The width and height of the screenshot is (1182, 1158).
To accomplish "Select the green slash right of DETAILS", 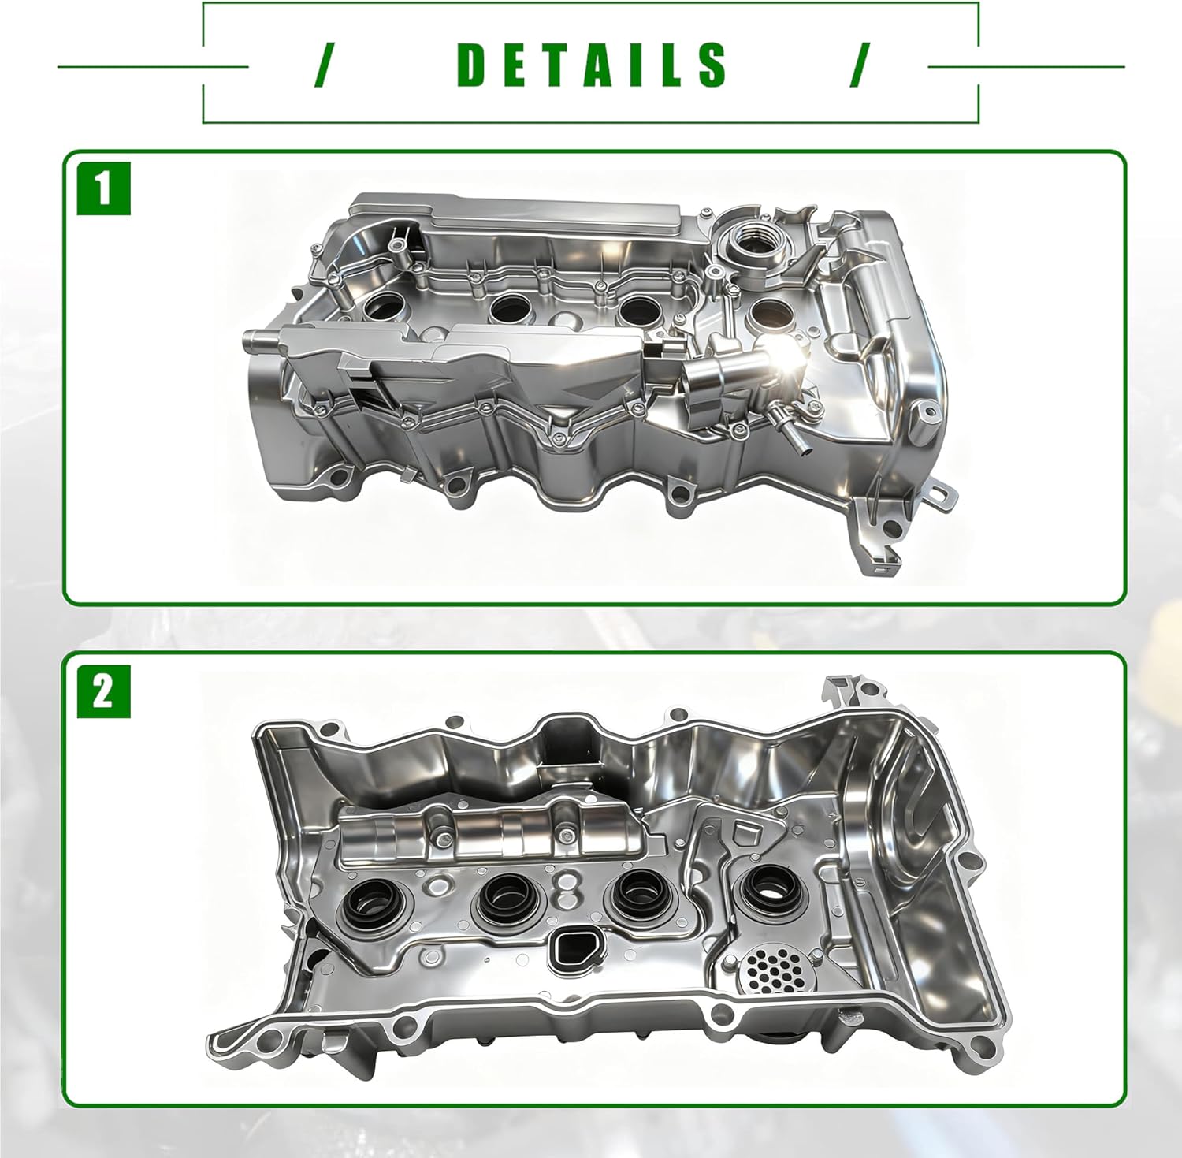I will point(860,65).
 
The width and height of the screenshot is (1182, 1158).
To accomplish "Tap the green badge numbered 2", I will point(103,692).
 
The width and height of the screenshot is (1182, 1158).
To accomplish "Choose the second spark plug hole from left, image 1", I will point(510,307).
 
